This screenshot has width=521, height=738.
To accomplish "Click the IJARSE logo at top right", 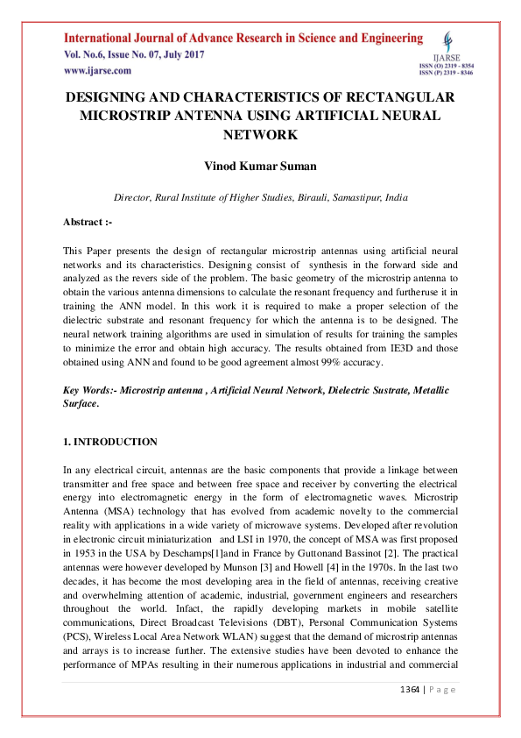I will tap(448, 43).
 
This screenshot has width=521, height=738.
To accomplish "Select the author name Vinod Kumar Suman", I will tap(260, 166).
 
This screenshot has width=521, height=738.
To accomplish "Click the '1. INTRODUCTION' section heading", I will tap(110, 442).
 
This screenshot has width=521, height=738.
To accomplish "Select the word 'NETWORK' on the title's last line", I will tap(260, 135).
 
